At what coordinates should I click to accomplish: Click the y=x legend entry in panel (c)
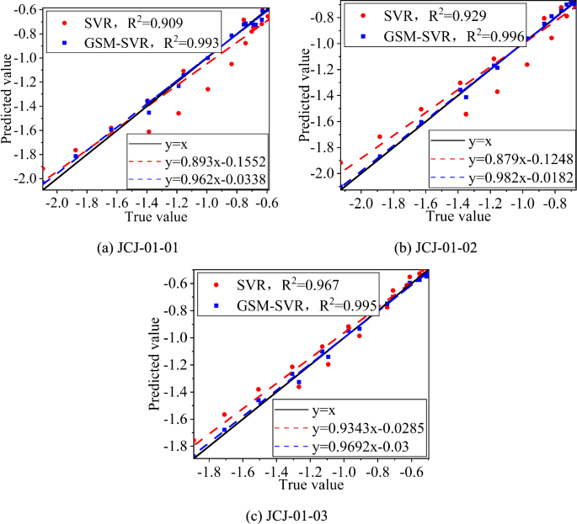(x=323, y=412)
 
